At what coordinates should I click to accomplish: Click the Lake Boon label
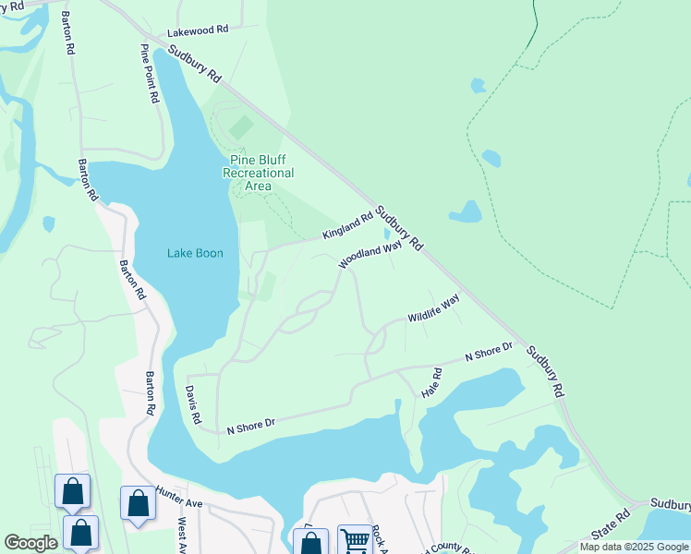[195, 253]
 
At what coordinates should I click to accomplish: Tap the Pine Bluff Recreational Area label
[261, 173]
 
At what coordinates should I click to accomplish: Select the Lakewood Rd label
[197, 30]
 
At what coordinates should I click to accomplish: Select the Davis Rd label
[194, 404]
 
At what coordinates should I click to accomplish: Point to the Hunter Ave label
[179, 499]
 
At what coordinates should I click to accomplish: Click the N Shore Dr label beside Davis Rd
[251, 426]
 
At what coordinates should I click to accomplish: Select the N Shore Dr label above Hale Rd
[488, 352]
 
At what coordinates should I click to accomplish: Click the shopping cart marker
[354, 540]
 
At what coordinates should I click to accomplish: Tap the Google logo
[30, 543]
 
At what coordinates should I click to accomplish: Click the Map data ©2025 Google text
[633, 547]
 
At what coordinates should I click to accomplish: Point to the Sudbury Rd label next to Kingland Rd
[399, 228]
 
